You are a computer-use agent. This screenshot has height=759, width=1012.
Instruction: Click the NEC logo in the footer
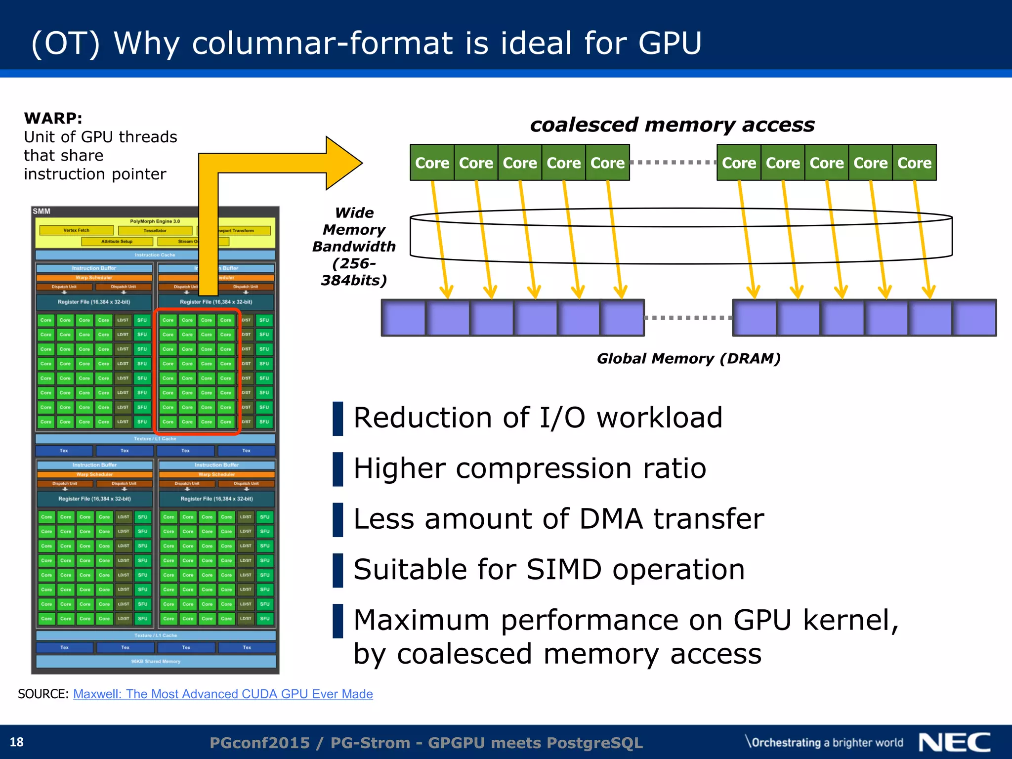click(x=954, y=742)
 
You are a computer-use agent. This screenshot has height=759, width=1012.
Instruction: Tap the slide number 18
click(x=16, y=742)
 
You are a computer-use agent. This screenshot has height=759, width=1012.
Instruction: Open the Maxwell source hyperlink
click(x=223, y=694)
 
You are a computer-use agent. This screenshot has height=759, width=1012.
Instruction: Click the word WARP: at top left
click(x=53, y=118)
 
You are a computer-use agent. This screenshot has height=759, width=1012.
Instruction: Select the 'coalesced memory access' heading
click(x=672, y=125)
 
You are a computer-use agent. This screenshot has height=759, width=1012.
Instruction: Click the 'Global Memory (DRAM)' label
click(x=688, y=358)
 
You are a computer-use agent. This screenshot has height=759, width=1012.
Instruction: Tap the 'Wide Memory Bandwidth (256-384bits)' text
click(x=354, y=246)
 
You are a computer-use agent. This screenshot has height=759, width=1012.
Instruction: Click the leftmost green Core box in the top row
click(x=432, y=163)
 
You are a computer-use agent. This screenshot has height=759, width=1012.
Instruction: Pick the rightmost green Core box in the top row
click(x=914, y=163)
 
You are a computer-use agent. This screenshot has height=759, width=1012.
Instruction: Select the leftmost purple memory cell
click(x=403, y=318)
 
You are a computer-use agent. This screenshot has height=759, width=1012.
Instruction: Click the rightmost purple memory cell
click(x=974, y=318)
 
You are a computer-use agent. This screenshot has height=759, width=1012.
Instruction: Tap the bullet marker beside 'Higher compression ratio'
click(x=338, y=469)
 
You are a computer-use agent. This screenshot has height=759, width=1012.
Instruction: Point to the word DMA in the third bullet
click(x=611, y=519)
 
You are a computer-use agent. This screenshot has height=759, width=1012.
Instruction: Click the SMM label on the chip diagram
click(x=42, y=211)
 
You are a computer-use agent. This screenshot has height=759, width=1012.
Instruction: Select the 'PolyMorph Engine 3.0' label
click(x=155, y=221)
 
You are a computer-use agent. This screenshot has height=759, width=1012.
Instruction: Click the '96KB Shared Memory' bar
click(x=156, y=661)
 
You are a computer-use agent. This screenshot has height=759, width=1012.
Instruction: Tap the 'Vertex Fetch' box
click(x=77, y=230)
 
